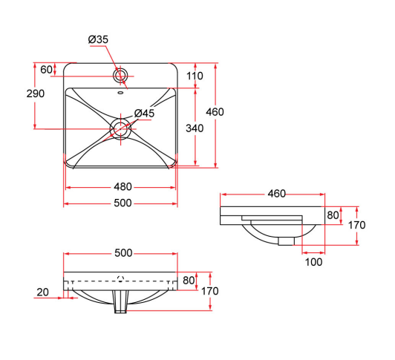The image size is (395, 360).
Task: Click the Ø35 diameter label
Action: (99, 39)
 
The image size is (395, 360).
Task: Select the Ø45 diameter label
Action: (144, 114)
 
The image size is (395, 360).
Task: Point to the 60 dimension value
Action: (46, 70)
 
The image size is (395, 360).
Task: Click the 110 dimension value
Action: (195, 76)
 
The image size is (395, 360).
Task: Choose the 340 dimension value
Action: (194, 128)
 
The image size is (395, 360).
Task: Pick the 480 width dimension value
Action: (123, 187)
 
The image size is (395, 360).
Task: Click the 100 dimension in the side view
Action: (313, 261)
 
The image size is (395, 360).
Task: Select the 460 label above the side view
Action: (275, 194)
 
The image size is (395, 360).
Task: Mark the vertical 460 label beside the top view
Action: (215, 112)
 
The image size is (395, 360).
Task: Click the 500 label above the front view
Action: (123, 253)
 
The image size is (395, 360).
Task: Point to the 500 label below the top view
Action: (123, 203)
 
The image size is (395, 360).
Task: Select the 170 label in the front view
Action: (209, 291)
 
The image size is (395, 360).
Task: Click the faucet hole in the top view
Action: (120, 75)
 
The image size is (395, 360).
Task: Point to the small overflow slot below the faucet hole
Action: (120, 94)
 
